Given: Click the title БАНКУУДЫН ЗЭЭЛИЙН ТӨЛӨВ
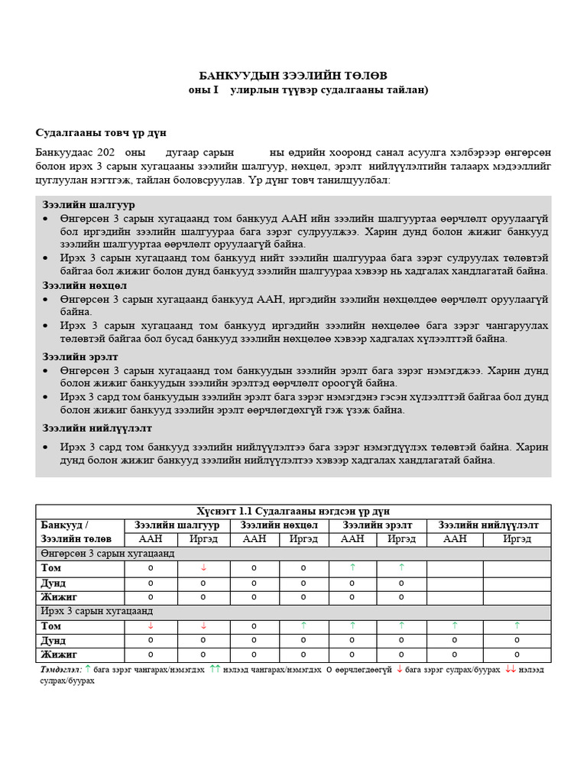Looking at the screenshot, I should pos(293,75).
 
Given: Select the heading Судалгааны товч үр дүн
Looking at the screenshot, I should pos(101,132).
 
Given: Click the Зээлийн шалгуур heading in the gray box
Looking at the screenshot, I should pos(89,205).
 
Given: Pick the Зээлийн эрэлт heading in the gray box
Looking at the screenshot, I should pos(80,357).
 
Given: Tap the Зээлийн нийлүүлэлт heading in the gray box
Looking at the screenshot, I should pos(97,428).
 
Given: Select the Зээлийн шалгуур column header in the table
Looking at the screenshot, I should pos(177,525).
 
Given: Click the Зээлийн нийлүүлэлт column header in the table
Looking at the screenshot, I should pos(488,525).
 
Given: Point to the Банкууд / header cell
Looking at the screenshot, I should pos(65,525).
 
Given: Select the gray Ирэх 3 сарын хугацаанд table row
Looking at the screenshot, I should pos(97,611).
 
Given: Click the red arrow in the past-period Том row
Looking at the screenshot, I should pos(203,567).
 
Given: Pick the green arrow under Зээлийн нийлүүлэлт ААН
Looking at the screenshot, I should pos(455,625).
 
